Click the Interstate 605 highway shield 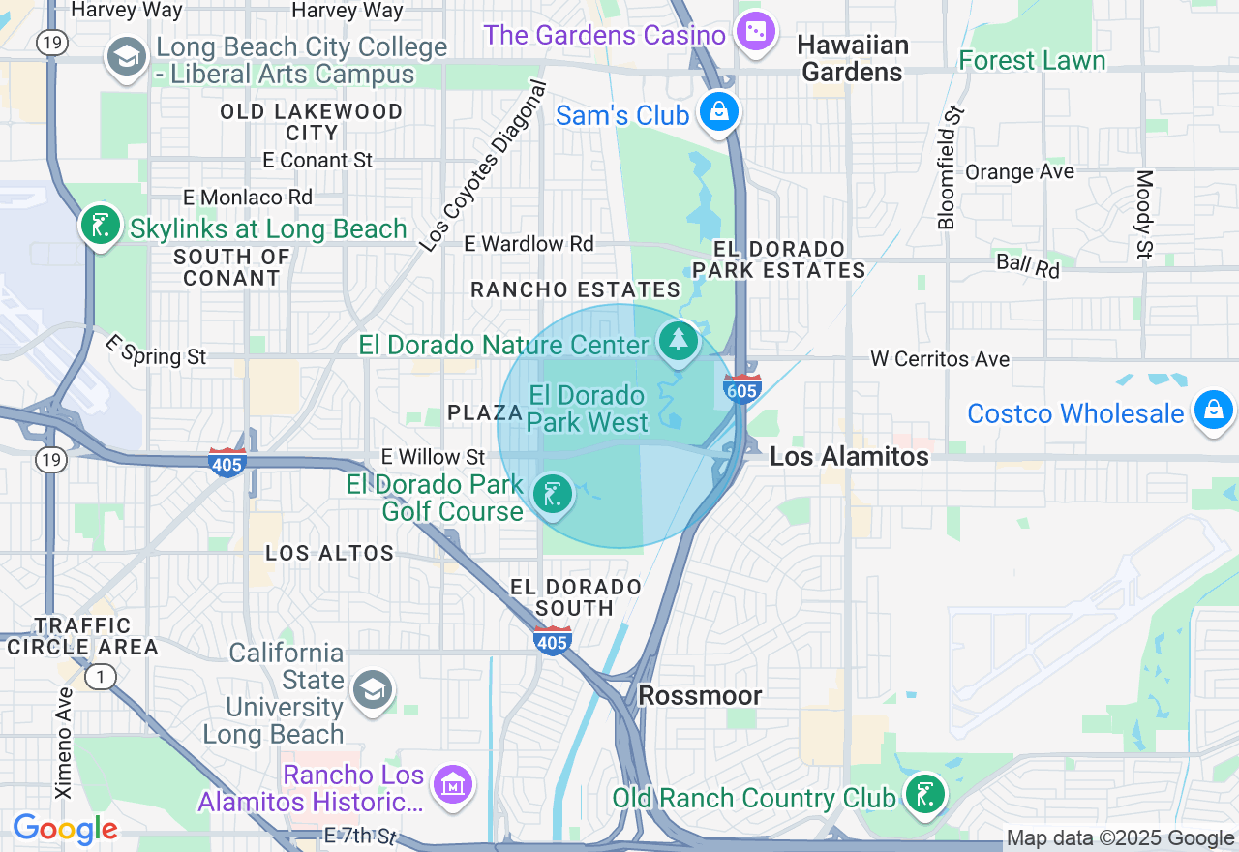741,388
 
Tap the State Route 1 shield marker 99,676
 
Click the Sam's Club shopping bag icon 720,112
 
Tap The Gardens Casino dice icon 753,33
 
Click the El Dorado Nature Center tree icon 679,341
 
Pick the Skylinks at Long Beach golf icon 101,226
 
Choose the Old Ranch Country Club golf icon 924,794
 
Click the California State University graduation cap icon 371,689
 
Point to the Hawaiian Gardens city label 853,59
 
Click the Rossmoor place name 700,695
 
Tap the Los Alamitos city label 849,456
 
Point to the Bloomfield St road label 952,167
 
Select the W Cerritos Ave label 939,359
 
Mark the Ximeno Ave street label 64,743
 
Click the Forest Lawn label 1031,60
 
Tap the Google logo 65,829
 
